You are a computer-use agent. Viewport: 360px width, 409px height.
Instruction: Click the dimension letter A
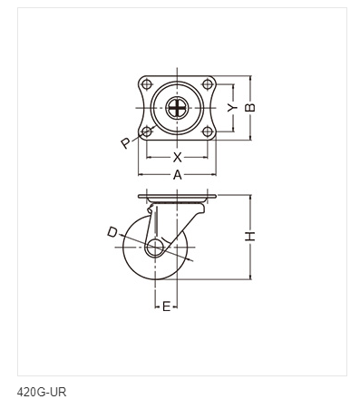click(x=178, y=175)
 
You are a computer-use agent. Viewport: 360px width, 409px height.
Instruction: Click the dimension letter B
click(x=250, y=108)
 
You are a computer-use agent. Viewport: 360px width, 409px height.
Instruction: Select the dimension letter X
click(x=178, y=157)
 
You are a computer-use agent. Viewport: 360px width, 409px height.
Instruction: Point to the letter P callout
click(x=126, y=143)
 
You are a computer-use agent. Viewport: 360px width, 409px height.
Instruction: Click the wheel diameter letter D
click(x=112, y=232)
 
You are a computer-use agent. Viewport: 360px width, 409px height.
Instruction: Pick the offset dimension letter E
click(x=166, y=307)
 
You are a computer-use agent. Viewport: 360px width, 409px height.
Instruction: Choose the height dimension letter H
click(x=250, y=236)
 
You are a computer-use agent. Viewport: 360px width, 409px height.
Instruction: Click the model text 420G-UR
click(x=42, y=393)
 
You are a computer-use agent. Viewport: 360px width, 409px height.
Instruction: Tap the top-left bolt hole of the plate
click(x=147, y=84)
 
